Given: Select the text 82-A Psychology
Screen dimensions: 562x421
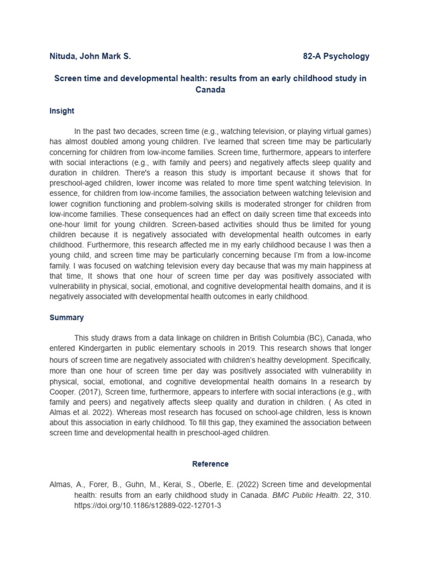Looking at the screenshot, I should (336, 56).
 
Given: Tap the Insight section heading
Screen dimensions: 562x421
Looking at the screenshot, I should (61, 111).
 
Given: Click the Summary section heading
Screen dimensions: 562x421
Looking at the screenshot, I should (66, 317).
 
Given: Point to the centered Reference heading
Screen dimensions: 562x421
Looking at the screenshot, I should (210, 464).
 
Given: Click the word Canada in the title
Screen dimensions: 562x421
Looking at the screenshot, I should (210, 89).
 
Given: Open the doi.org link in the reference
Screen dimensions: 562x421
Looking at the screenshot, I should (147, 505).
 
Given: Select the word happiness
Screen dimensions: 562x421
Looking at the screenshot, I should (345, 265).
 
